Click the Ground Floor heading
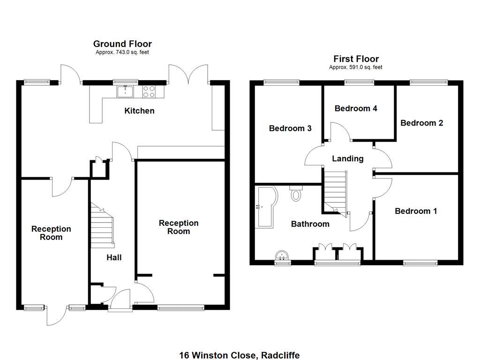[122, 44]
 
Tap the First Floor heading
[356, 59]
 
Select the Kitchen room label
[139, 111]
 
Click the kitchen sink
[126, 91]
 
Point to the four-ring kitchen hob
[149, 91]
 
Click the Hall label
[114, 257]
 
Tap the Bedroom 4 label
[356, 108]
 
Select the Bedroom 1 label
[416, 211]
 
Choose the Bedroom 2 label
[421, 123]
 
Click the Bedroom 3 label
[290, 128]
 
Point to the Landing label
[347, 158]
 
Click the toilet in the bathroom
[296, 194]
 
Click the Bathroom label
[310, 224]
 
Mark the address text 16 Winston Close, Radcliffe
[239, 355]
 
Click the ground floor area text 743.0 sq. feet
[122, 52]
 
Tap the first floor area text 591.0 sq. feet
[355, 67]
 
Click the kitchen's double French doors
[189, 75]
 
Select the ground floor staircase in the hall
[102, 227]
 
